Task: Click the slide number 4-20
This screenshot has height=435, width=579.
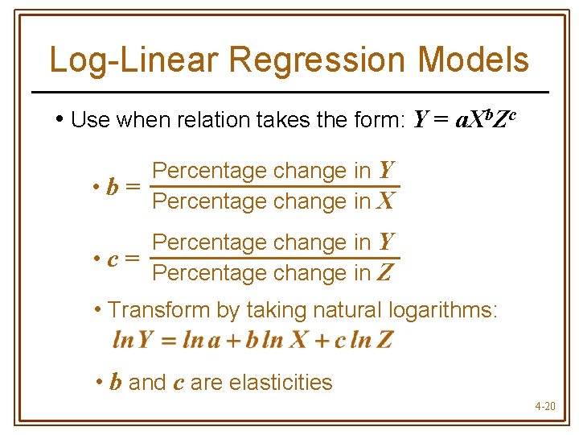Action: click(544, 406)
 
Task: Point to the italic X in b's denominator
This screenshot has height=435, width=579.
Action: click(385, 201)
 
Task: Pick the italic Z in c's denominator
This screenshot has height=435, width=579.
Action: click(385, 273)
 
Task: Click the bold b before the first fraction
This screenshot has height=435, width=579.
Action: click(113, 188)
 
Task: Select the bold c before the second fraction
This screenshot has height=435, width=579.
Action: click(113, 259)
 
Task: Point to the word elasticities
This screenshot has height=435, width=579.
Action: click(281, 382)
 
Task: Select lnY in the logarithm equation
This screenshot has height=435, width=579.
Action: click(133, 340)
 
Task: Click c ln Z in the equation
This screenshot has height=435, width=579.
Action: click(363, 340)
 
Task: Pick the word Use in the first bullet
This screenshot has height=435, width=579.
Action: click(90, 121)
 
